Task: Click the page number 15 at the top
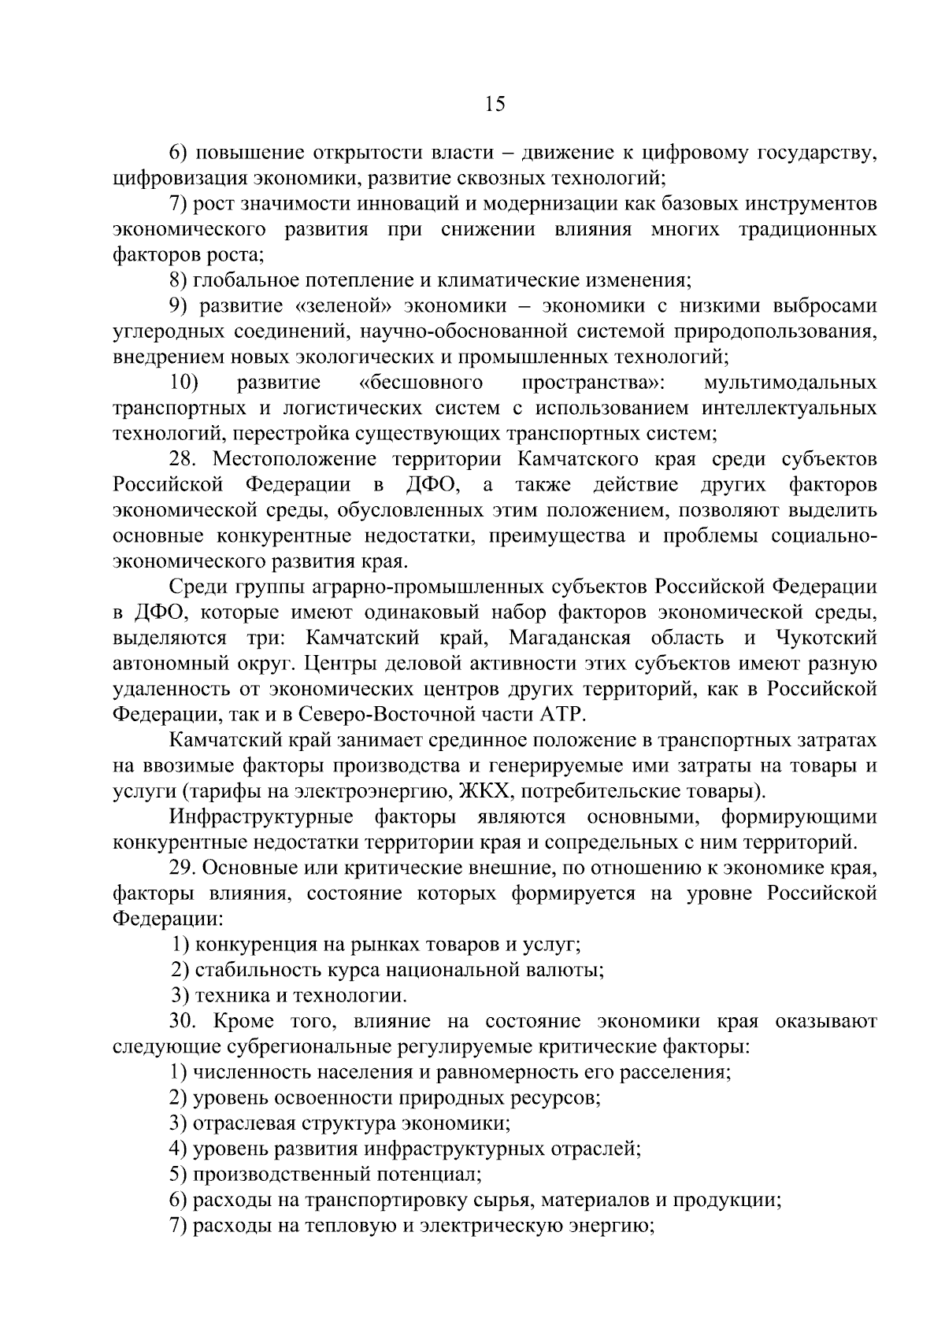pos(495,104)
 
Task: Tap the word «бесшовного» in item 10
pos(421,383)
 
